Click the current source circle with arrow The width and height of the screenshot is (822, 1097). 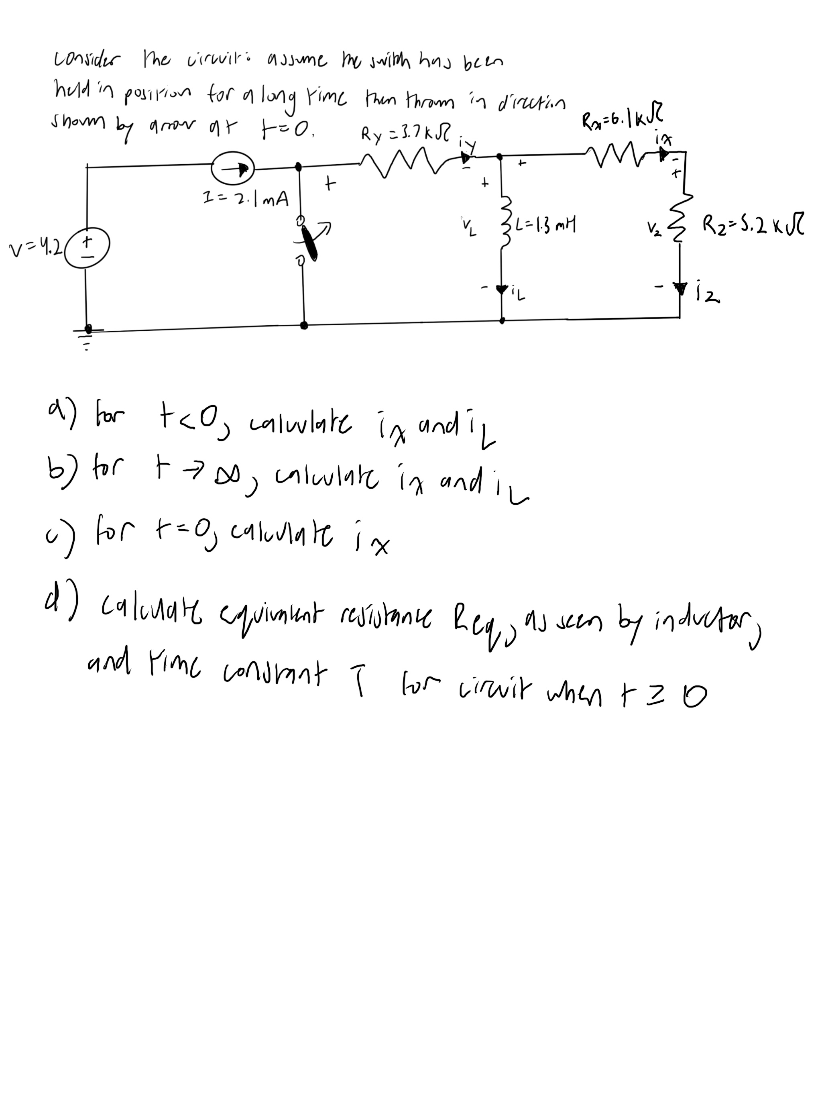[x=232, y=169]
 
